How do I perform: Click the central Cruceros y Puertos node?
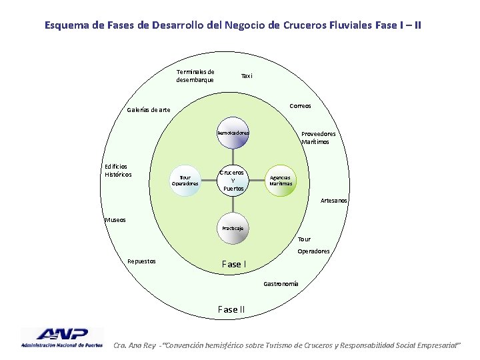pos(233,179)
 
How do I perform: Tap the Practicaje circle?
pos(233,228)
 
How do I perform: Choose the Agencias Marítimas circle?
pos(280,180)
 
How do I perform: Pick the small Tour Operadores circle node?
pos(185,180)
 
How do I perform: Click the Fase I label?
pos(233,264)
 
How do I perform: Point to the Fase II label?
pos(231,309)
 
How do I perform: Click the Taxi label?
pos(247,76)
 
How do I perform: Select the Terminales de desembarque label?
pos(195,76)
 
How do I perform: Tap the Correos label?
pos(300,105)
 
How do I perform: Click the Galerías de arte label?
pos(148,110)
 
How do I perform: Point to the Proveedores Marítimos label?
pos(318,137)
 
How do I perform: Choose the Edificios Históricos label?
pos(117,171)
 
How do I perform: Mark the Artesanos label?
pos(333,200)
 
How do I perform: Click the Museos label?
pos(115,219)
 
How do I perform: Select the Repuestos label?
pos(141,261)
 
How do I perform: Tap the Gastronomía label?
pos(281,284)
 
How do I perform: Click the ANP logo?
pos(62,338)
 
